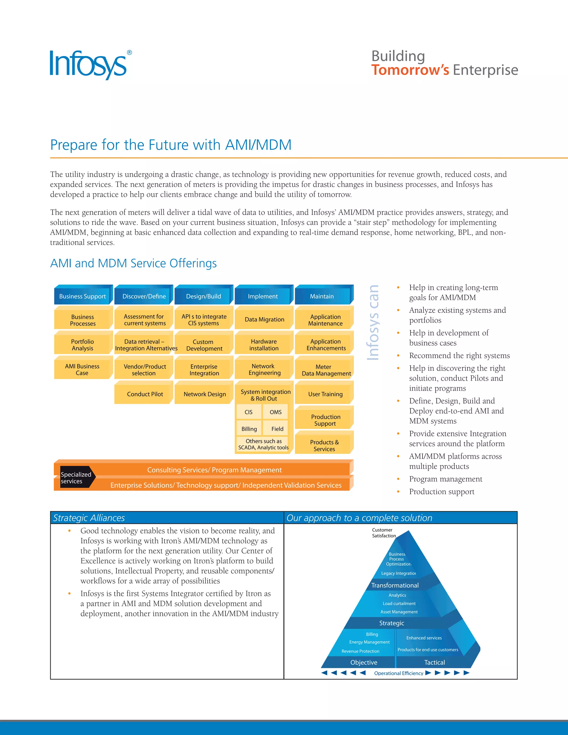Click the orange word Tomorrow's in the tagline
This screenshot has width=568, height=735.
[x=410, y=70]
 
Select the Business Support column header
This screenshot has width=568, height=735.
[x=82, y=296]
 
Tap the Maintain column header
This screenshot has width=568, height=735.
[x=322, y=296]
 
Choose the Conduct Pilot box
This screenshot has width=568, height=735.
[x=145, y=394]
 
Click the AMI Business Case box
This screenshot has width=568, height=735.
[x=82, y=369]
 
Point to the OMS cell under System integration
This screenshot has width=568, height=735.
[x=276, y=412]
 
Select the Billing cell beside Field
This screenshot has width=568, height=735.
[x=249, y=429]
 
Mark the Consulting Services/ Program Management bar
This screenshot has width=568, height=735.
[x=214, y=470]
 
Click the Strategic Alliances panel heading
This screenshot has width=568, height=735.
[x=89, y=518]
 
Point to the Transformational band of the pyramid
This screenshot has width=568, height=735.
[x=395, y=585]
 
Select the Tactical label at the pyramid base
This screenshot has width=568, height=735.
[x=434, y=662]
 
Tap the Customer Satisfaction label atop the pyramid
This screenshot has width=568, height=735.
[x=384, y=533]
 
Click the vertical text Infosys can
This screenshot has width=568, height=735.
[x=373, y=322]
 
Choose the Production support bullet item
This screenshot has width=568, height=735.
[x=442, y=492]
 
